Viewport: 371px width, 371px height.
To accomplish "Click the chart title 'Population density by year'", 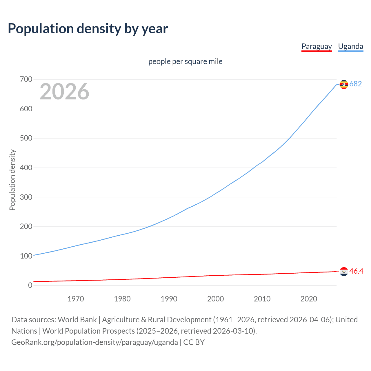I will click(x=88, y=29).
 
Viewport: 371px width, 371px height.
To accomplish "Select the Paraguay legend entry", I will click(x=317, y=46).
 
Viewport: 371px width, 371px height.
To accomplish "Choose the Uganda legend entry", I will click(x=350, y=46).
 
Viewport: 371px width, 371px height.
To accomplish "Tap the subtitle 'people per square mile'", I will click(x=185, y=61).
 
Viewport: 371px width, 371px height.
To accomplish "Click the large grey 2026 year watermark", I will click(x=64, y=92).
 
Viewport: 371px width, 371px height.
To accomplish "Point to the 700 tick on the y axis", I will click(x=26, y=79).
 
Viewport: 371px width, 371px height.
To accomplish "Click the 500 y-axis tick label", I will click(x=26, y=138).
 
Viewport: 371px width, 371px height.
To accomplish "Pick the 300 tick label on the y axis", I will click(x=26, y=197).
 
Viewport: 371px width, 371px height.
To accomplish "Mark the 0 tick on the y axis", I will click(x=30, y=285).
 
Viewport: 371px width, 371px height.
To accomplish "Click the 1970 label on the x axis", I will click(x=76, y=299).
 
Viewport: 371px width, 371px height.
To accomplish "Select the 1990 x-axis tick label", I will click(x=169, y=299).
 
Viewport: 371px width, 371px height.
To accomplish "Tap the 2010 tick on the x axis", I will click(x=262, y=299).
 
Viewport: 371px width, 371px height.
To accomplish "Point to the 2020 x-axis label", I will click(x=309, y=299).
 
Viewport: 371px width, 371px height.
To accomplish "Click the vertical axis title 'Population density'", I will click(x=12, y=180).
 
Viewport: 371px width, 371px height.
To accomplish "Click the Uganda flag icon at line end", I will click(x=344, y=84).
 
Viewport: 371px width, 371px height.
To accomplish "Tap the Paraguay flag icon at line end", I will click(x=344, y=272).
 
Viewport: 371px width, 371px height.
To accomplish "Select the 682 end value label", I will click(x=356, y=84).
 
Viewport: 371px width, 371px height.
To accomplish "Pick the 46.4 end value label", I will click(x=356, y=271).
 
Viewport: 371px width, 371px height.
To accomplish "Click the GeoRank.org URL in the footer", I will click(x=94, y=342).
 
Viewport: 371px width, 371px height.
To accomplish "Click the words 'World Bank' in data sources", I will click(x=77, y=320).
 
